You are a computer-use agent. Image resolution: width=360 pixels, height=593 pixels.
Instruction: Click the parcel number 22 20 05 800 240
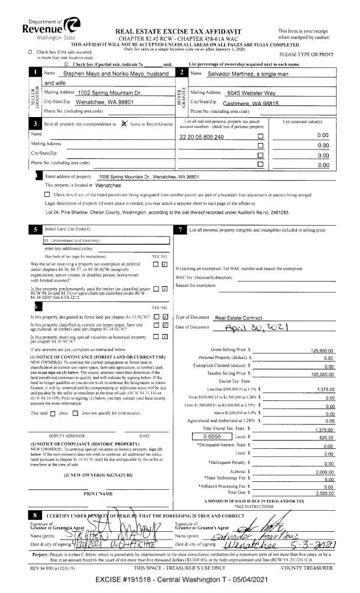[202, 137]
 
